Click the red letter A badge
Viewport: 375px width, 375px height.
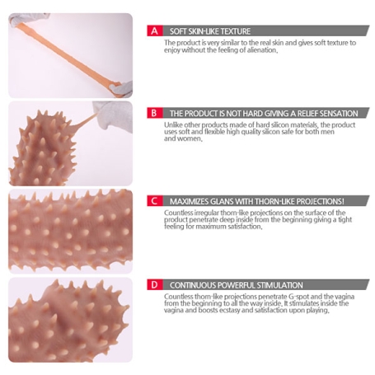(x=155, y=30)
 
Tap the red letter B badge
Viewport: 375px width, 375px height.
(x=154, y=113)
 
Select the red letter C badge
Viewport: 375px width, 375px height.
(x=155, y=201)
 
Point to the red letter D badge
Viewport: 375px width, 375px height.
(x=155, y=284)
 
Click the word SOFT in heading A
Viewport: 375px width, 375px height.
(x=176, y=31)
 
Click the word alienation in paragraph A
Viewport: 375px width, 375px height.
(x=261, y=50)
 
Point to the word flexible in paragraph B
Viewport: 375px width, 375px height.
(x=214, y=132)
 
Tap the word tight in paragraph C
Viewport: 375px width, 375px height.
(x=345, y=219)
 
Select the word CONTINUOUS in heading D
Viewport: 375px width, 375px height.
(x=190, y=285)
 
